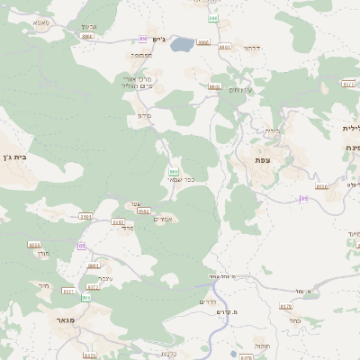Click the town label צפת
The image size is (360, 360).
coord(263,159)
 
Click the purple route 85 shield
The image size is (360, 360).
coord(82,246)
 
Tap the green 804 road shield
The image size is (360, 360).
coord(86,297)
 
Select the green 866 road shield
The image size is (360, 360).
coord(174,170)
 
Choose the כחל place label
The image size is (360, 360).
coord(295,319)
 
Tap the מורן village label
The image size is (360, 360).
coord(43,256)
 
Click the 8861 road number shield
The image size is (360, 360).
coord(224,47)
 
